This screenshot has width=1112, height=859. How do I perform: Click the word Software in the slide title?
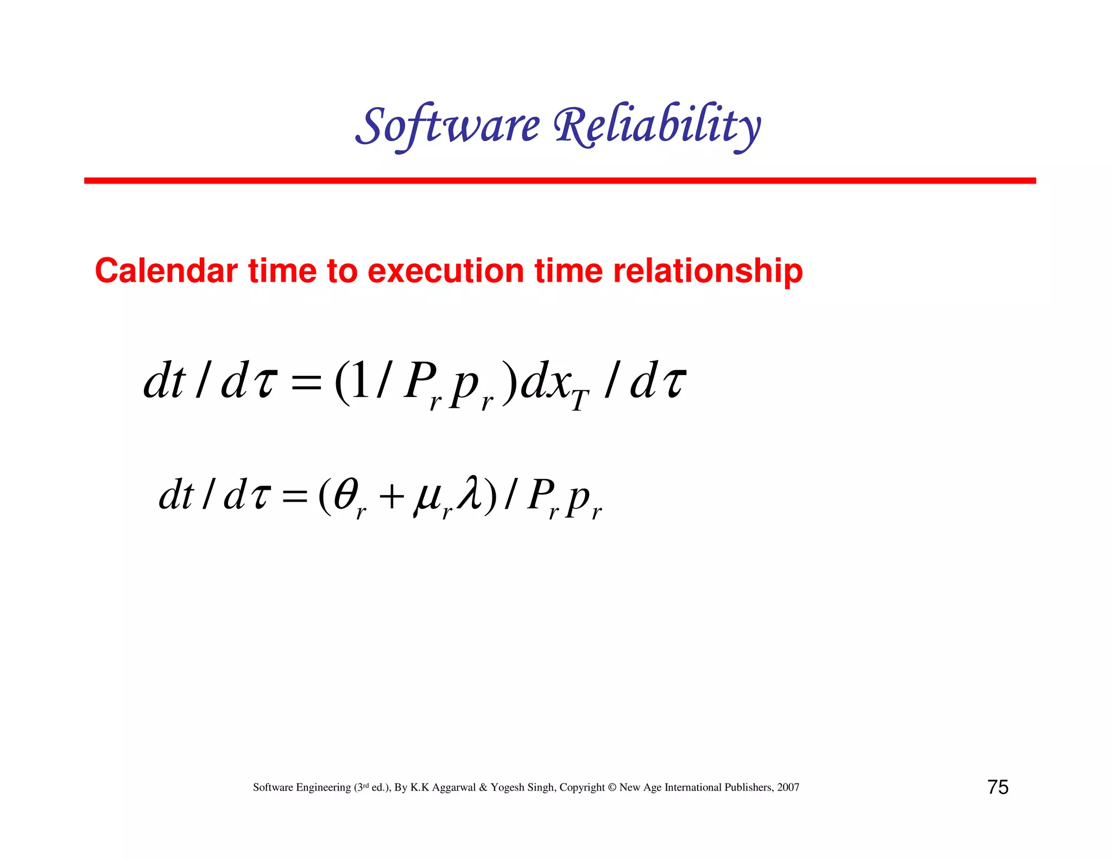coord(448,126)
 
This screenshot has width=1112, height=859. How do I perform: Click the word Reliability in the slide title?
coord(657,126)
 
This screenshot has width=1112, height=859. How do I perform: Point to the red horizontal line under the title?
coord(559,180)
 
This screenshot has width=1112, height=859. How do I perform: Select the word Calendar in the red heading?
coord(166,271)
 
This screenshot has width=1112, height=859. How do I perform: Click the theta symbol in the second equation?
coord(346,494)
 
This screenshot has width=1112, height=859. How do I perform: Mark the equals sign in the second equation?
coord(295,496)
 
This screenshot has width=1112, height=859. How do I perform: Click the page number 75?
coord(997,787)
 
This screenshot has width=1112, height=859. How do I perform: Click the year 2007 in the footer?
coord(788,787)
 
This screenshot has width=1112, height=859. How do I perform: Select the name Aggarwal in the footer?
coord(453,787)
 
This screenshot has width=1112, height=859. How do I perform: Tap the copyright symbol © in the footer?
coord(612,787)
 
